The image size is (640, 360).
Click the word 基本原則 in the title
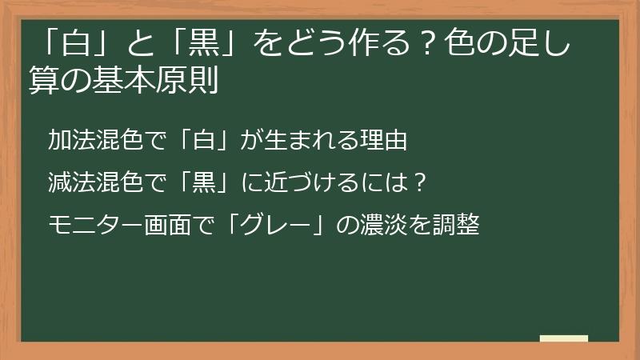click(162, 82)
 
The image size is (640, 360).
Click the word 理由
click(386, 142)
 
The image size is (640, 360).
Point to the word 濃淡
click(386, 225)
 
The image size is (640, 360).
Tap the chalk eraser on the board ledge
click(564, 338)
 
